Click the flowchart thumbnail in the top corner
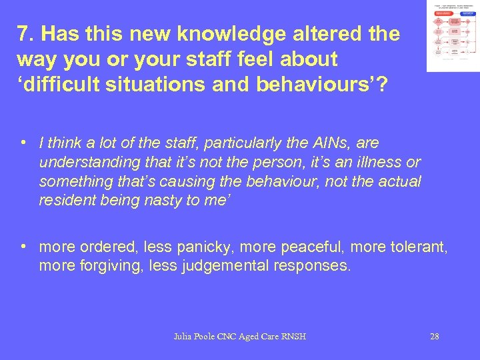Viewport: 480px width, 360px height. (x=453, y=36)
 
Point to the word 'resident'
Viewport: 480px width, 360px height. (x=65, y=200)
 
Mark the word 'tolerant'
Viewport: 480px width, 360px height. (x=413, y=247)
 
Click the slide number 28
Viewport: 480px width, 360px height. (x=434, y=337)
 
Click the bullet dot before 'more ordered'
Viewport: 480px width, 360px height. (x=23, y=246)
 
